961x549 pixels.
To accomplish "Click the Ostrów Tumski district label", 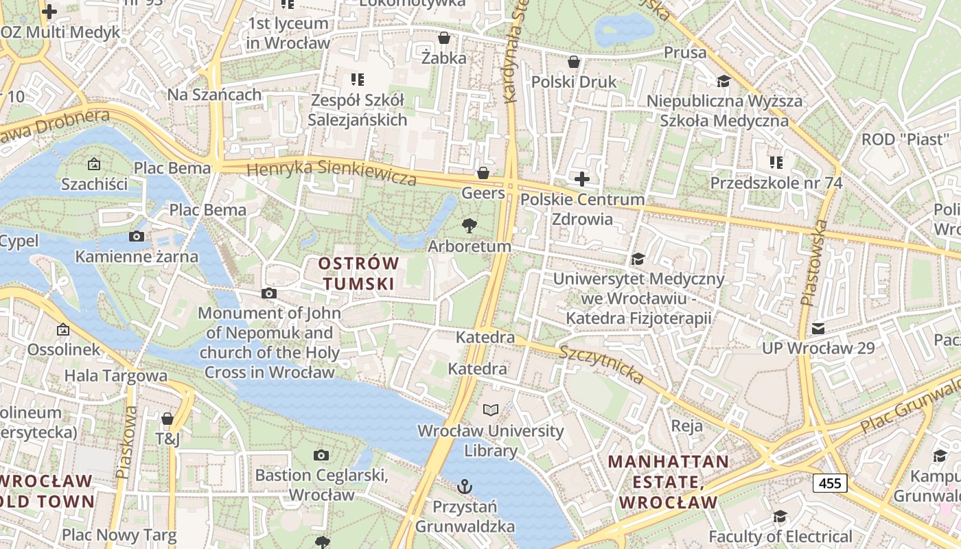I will pos(358,273).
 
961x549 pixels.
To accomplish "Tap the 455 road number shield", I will pos(830,483).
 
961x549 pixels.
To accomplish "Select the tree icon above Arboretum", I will pos(470,225).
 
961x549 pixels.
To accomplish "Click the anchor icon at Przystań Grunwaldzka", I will pos(465,487).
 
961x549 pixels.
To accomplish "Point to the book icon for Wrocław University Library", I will pos(491,410).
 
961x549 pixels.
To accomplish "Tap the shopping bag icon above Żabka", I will pos(444,38).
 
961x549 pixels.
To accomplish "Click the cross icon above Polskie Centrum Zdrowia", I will pos(582,180).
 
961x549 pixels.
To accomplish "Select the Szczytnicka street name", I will pos(601,364).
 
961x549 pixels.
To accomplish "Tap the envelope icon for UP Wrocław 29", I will pos(818,329).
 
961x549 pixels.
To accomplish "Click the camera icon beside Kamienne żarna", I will pos(137,237).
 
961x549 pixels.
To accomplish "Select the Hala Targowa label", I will pos(115,375).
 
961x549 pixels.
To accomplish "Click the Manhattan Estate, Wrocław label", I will pos(668,482).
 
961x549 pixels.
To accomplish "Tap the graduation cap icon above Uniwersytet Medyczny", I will pos(638,259).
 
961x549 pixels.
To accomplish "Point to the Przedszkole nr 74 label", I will pos(776,183).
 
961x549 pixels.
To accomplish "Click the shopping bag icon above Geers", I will pos(483,173).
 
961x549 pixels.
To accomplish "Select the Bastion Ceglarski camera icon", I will pos(321,455).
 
